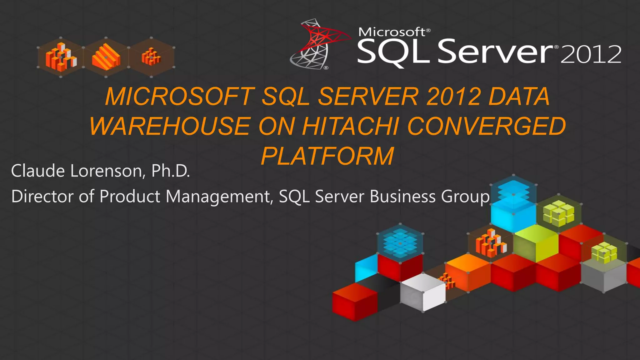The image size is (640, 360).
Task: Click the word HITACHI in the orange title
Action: (350, 126)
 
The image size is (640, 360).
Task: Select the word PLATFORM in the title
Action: (327, 156)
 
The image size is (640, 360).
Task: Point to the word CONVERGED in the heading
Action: (487, 126)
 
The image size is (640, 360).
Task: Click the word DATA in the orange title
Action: (519, 97)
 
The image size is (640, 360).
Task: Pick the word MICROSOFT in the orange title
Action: (180, 97)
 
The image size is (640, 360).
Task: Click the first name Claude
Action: (38, 171)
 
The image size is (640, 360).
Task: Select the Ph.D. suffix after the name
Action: (171, 171)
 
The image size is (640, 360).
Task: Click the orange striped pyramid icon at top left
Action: (106, 57)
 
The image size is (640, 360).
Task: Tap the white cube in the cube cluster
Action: (423, 292)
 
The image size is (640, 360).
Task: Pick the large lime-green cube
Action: (536, 244)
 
